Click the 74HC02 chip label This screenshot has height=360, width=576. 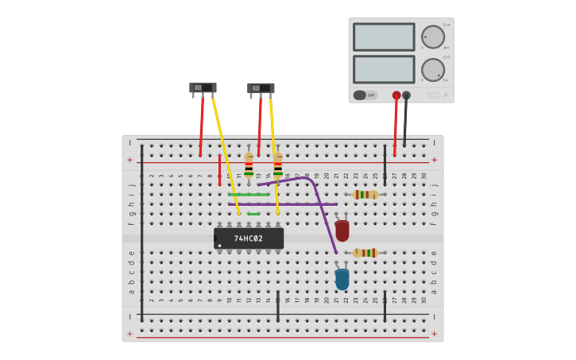tap(248, 238)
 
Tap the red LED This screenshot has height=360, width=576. tap(342, 230)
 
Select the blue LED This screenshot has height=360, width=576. tap(342, 279)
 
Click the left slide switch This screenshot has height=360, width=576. tap(203, 87)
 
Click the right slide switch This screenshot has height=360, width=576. tap(261, 88)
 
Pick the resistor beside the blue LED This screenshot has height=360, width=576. tap(365, 253)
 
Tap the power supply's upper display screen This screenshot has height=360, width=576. tap(384, 37)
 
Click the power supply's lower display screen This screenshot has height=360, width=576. tap(384, 68)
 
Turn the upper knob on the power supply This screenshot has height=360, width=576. tap(433, 37)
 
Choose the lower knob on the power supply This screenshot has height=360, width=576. tap(433, 69)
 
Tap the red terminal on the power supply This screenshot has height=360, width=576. tap(396, 95)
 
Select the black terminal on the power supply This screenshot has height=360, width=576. tap(407, 95)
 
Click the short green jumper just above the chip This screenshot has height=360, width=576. tap(253, 214)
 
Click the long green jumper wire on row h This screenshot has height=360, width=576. tap(249, 195)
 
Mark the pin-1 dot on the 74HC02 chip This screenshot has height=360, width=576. tap(220, 245)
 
